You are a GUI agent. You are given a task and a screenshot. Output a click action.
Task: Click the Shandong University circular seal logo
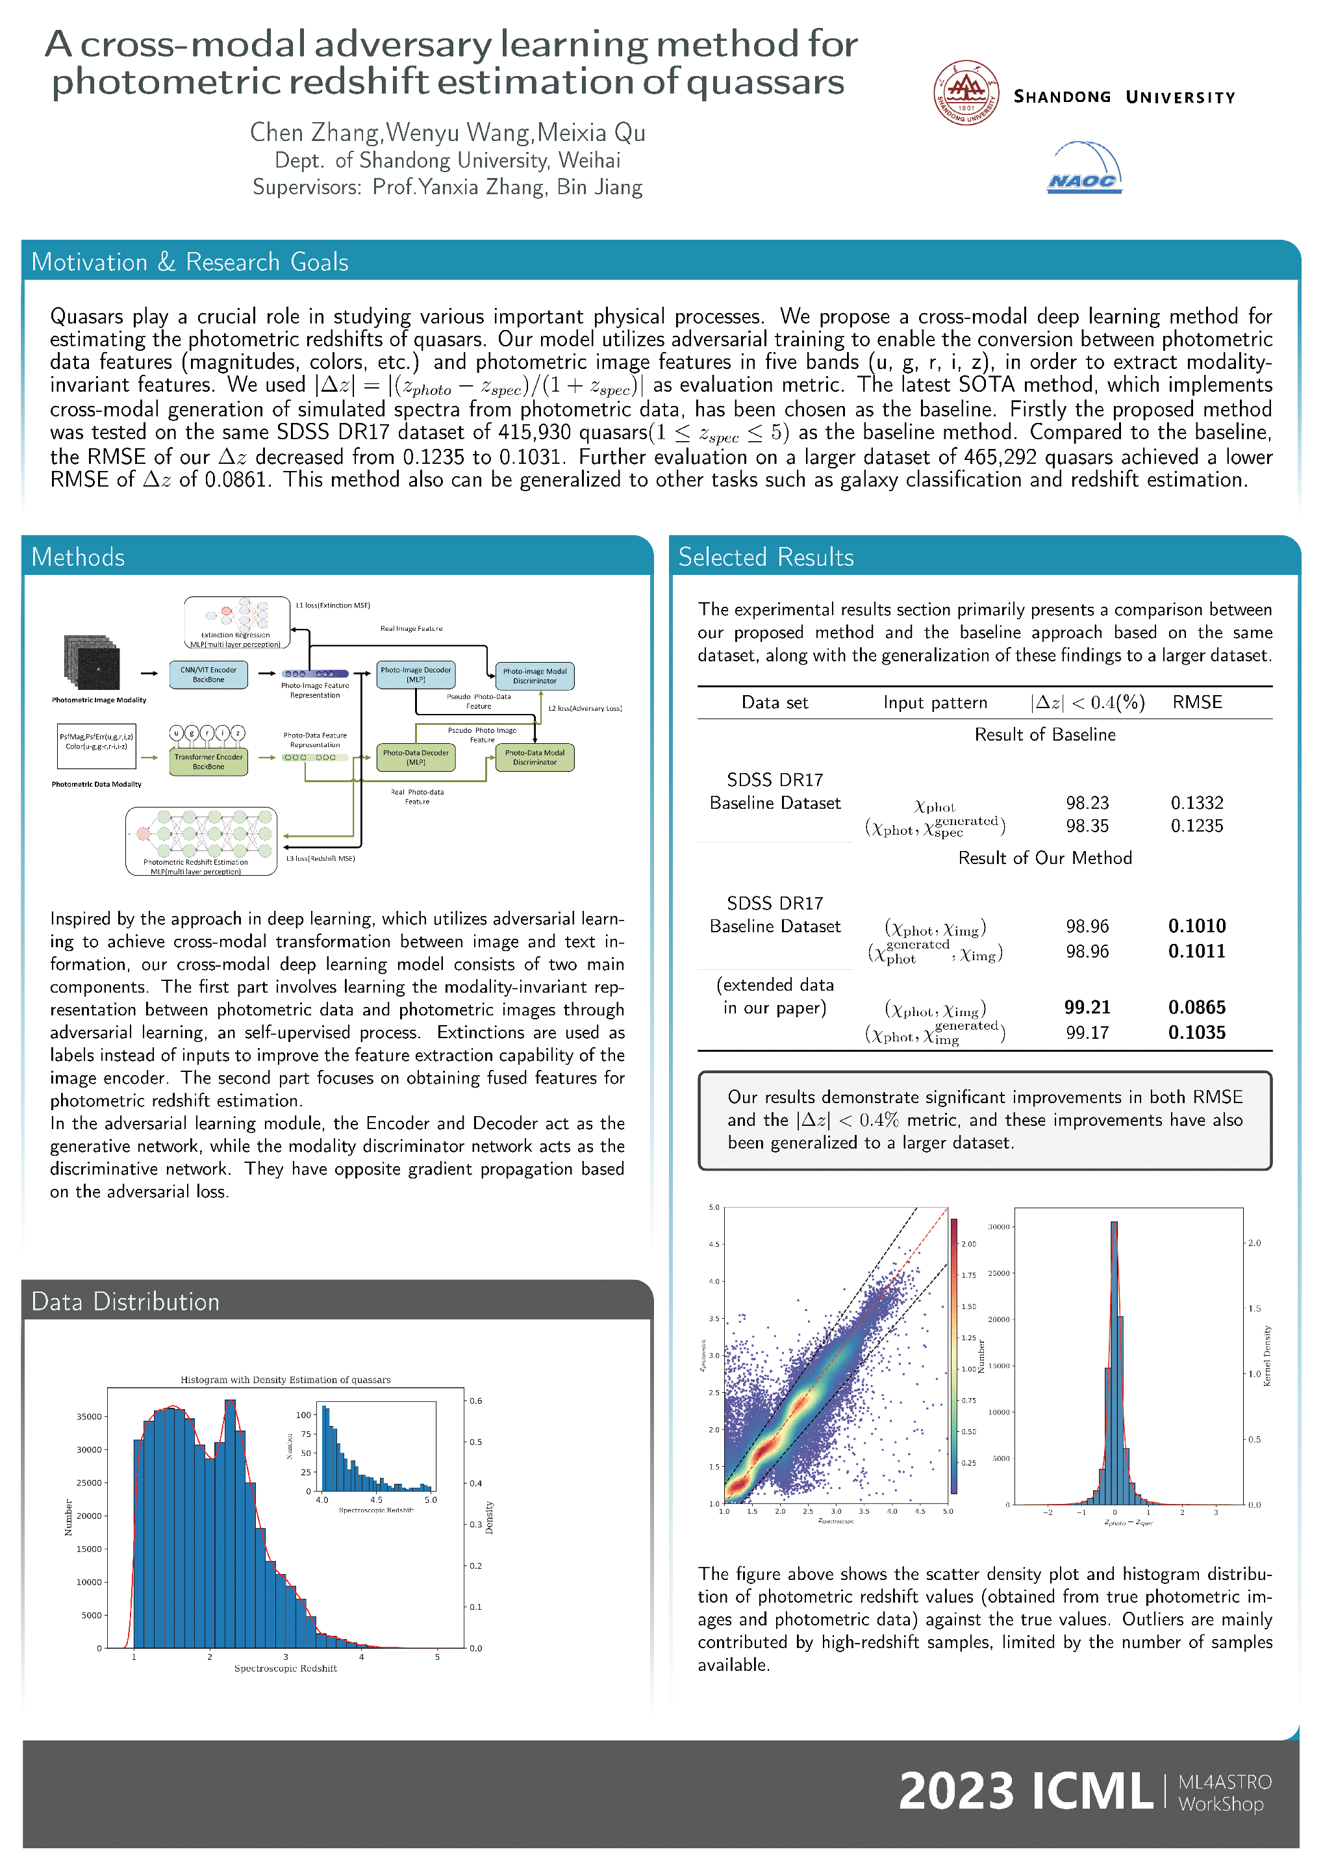click(x=966, y=93)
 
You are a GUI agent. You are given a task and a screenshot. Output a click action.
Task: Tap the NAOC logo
click(x=1083, y=169)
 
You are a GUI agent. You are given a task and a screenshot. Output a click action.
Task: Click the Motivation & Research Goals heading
click(x=190, y=262)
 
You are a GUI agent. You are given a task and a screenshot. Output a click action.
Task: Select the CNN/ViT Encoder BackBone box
click(x=208, y=675)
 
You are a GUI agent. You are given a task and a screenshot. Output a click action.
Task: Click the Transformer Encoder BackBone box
click(x=208, y=762)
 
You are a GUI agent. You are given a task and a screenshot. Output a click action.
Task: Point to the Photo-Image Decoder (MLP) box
click(x=416, y=675)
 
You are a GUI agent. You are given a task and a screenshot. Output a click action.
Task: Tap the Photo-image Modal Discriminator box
click(x=535, y=676)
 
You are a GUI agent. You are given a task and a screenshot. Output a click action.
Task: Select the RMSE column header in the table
click(x=1197, y=702)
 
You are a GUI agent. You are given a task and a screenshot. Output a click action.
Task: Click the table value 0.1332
click(x=1197, y=803)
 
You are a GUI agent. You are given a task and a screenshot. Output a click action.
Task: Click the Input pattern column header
click(x=935, y=702)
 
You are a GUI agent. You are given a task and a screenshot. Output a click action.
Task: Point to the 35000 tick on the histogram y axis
click(x=89, y=1416)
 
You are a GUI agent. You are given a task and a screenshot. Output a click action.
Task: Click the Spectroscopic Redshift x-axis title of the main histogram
click(x=285, y=1668)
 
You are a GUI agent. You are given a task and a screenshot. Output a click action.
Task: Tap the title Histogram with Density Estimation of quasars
click(x=285, y=1380)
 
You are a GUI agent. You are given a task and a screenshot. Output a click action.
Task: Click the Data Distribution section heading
click(x=125, y=1302)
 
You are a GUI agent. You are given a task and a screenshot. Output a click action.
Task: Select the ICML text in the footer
click(x=1092, y=1791)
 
